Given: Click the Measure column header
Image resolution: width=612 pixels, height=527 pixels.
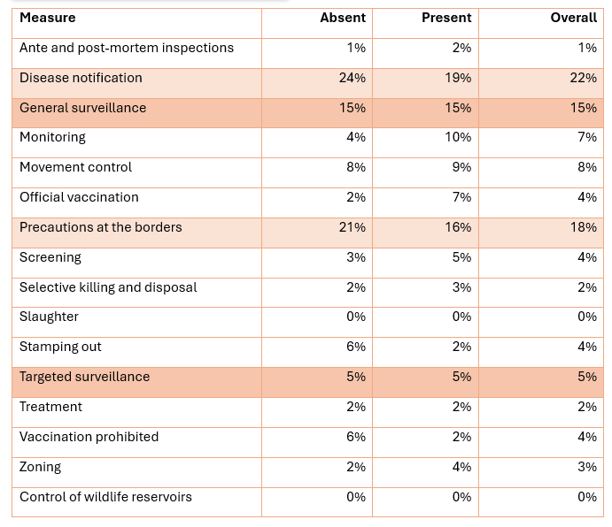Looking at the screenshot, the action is click(x=48, y=18).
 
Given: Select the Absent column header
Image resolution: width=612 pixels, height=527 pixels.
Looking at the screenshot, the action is click(x=343, y=18).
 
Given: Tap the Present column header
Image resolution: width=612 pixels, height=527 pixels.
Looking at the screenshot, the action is click(x=446, y=18).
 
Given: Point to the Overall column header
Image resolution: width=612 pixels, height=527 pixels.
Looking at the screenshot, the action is click(x=573, y=18).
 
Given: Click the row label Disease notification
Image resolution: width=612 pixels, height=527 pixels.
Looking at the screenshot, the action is click(x=81, y=78).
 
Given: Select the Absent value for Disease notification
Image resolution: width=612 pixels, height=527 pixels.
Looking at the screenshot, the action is click(x=352, y=78).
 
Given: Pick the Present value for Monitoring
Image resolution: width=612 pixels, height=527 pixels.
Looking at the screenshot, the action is click(x=458, y=137).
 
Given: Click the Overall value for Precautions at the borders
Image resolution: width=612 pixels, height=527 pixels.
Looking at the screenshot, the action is click(x=584, y=227).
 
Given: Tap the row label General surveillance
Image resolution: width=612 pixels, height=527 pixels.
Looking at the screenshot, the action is click(x=82, y=108).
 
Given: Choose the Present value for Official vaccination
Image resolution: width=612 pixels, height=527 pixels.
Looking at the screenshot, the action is click(x=461, y=197).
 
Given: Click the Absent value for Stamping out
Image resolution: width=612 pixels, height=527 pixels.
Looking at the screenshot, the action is click(x=356, y=347).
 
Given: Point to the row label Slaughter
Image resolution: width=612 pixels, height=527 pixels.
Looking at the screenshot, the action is click(x=49, y=317).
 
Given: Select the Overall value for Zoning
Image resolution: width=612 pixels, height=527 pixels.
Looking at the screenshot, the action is click(x=587, y=467).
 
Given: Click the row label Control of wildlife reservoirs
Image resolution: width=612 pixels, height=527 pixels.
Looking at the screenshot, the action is click(x=105, y=497).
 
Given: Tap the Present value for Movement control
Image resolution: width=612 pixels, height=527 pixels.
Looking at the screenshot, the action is click(x=461, y=167).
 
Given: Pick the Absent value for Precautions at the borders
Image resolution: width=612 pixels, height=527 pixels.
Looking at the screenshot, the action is click(x=352, y=227).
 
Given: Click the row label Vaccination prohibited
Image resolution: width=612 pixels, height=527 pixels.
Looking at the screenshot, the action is click(x=89, y=437).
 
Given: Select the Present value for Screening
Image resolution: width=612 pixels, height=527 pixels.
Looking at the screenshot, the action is click(x=461, y=257).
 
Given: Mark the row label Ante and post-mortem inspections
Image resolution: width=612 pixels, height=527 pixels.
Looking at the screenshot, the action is click(x=127, y=48).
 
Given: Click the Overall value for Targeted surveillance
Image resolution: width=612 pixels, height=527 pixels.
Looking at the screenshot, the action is click(x=587, y=377).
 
